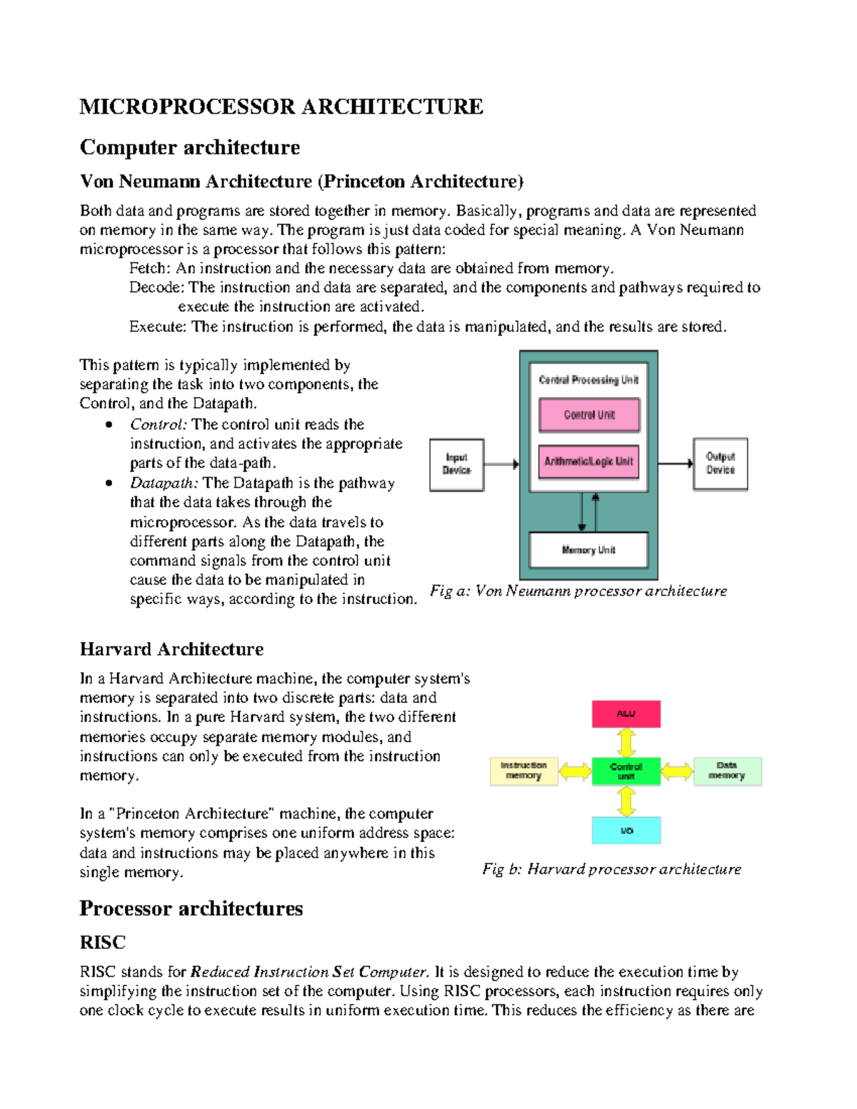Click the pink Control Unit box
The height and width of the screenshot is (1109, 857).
tap(589, 415)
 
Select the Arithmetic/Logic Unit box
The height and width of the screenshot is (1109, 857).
tap(589, 461)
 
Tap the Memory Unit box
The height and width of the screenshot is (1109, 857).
tap(588, 550)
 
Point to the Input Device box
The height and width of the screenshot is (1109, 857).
tap(456, 464)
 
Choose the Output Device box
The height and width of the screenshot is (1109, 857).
tap(720, 463)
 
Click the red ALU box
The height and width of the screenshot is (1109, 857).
tap(626, 713)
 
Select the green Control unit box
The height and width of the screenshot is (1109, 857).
tap(626, 771)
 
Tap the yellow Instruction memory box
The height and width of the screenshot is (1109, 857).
tap(523, 771)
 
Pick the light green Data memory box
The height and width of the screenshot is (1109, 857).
tap(727, 771)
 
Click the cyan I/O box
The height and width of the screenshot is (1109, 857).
tap(626, 831)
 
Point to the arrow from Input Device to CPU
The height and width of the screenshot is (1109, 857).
tap(502, 464)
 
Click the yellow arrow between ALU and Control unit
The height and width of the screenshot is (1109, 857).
tap(626, 742)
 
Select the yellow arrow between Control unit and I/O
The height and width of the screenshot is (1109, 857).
tap(626, 801)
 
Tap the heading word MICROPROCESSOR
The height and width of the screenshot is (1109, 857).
tap(187, 107)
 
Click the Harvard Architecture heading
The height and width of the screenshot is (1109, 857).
tap(171, 649)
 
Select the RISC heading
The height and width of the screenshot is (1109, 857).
tap(103, 943)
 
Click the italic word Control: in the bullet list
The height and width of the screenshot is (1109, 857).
tap(159, 424)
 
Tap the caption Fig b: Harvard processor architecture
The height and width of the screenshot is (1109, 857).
tap(611, 869)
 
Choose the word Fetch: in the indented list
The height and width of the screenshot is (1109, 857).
tap(149, 269)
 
